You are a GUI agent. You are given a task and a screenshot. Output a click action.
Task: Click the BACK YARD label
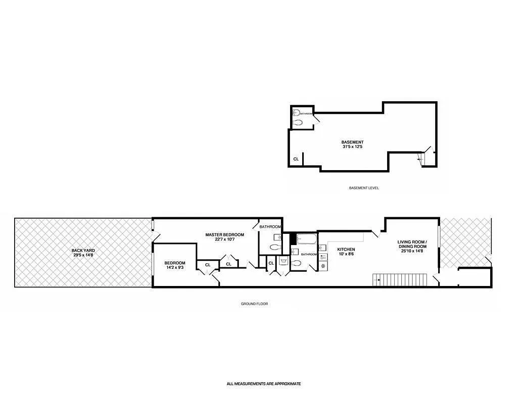(x=83, y=250)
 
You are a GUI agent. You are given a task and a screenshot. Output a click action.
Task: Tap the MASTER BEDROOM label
(x=224, y=234)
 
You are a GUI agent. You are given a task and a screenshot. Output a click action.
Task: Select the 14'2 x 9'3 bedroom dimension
(x=175, y=268)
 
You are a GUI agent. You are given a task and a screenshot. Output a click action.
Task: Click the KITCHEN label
(x=346, y=250)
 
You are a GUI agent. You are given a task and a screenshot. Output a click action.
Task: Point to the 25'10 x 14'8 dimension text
(x=412, y=251)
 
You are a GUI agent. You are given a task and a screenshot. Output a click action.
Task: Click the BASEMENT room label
(x=352, y=142)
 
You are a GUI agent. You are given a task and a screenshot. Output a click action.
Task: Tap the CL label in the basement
(x=296, y=159)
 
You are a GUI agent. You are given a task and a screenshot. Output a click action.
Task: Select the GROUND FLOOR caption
(x=254, y=304)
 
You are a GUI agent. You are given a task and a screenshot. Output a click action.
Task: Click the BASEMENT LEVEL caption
(x=363, y=188)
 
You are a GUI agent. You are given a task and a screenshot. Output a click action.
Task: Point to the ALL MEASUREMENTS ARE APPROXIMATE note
(x=263, y=384)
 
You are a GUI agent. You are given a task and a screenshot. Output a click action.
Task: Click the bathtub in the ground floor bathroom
(x=306, y=238)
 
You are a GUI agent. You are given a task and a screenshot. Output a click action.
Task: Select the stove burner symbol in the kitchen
(x=323, y=266)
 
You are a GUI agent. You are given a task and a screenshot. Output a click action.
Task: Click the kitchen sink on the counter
(x=323, y=248)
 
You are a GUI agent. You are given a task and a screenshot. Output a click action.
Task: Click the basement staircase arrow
(x=419, y=159)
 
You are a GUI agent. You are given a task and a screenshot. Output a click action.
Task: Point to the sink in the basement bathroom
(x=297, y=112)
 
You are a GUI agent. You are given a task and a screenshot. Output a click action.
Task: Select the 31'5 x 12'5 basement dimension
(x=352, y=147)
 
